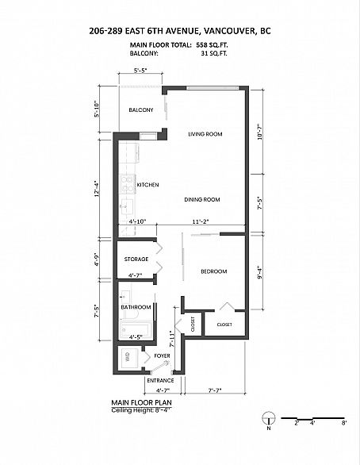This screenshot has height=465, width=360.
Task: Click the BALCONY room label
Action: [141, 110]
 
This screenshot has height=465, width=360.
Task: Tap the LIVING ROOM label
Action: [205, 134]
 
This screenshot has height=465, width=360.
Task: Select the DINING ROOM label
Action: [202, 200]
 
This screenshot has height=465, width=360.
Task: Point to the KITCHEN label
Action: [147, 185]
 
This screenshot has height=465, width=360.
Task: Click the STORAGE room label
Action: [136, 259]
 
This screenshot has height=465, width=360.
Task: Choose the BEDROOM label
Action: [214, 271]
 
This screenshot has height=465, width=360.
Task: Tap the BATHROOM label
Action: [136, 307]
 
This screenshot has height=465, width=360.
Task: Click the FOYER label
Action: [162, 355]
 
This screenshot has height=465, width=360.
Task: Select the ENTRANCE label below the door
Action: [161, 380]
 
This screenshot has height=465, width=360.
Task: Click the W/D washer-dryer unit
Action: [128, 359]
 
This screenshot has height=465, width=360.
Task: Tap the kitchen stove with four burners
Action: [128, 184]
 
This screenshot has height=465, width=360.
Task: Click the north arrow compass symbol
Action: [269, 418]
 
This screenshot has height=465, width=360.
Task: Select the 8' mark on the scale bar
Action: [344, 423]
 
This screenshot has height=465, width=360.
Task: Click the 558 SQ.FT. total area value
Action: [212, 45]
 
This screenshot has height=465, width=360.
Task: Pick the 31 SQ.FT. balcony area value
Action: [214, 54]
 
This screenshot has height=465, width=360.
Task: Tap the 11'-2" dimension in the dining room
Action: [201, 221]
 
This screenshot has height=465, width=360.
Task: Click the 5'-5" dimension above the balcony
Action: [140, 71]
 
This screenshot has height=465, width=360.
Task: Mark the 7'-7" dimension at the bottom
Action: [215, 390]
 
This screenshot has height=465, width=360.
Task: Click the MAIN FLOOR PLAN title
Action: [142, 402]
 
